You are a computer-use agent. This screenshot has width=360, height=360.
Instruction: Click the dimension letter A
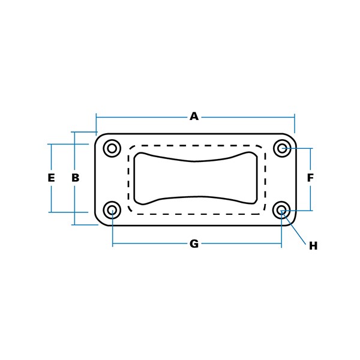coord(194,116)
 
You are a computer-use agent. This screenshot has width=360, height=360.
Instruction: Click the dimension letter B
coord(76,178)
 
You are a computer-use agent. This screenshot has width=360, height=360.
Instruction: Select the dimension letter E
coord(51,178)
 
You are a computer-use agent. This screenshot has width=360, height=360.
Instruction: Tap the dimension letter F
coord(310,178)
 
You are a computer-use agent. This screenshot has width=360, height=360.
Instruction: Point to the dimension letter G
coord(194,244)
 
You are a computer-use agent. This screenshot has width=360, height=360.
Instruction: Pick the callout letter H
coord(313,246)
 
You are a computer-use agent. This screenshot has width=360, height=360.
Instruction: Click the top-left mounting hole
coord(112,148)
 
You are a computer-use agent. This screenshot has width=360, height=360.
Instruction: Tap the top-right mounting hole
coord(282,148)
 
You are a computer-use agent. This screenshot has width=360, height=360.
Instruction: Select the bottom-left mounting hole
coord(112,210)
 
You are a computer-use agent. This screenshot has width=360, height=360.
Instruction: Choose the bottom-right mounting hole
coord(282,210)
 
